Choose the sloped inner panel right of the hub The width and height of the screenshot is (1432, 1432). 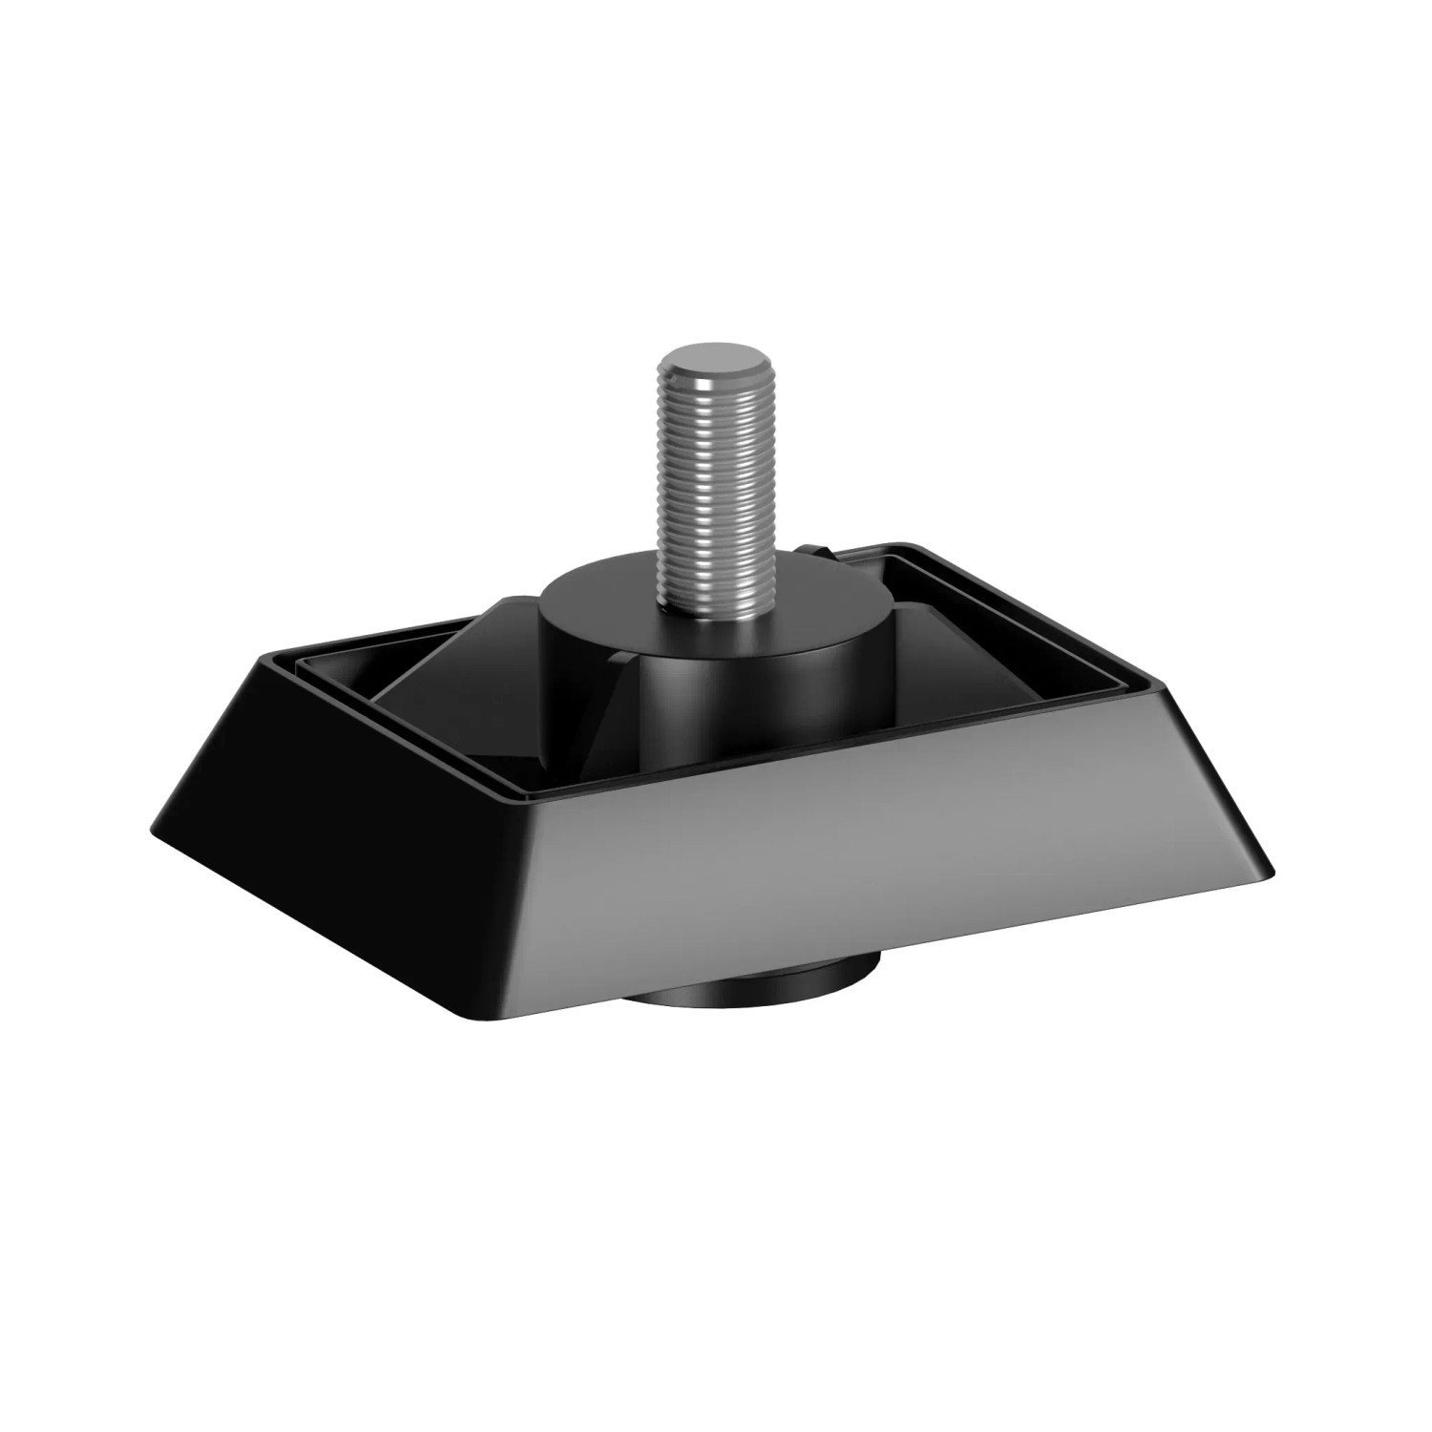pyautogui.click(x=964, y=668)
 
